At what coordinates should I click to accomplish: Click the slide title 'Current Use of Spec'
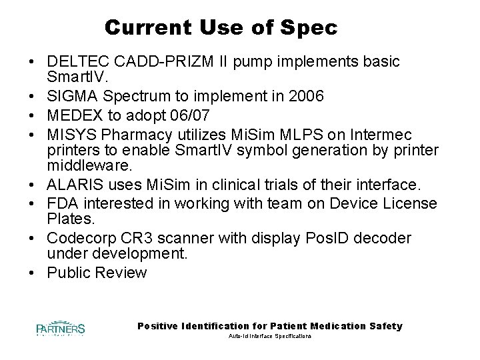[221, 28]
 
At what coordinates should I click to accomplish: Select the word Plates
[69, 219]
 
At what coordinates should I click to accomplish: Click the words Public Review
[97, 273]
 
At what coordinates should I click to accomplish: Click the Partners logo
[61, 328]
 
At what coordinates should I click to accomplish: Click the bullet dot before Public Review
[33, 273]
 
